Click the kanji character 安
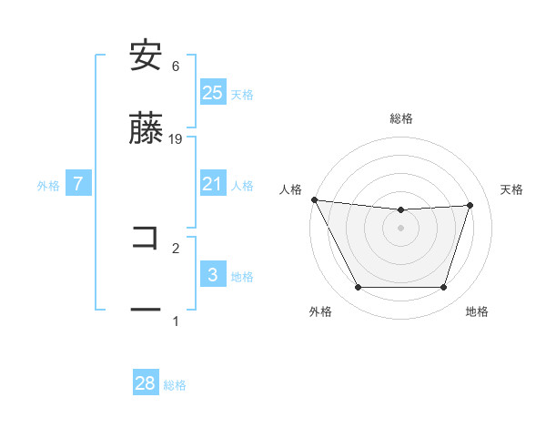point(146,56)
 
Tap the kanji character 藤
point(146,129)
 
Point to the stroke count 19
point(176,138)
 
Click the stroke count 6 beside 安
point(176,66)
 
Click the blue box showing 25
point(212,93)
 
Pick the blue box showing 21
point(212,184)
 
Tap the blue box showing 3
point(212,275)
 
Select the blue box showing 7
point(78,184)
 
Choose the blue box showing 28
point(146,383)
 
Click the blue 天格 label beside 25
point(242,94)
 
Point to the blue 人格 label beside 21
point(242,185)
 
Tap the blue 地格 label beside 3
point(242,276)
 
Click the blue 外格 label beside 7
point(48,185)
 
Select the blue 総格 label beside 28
point(175,384)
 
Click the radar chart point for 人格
point(314,199)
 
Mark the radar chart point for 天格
point(470,205)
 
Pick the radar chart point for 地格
point(443,287)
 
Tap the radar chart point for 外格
point(358,287)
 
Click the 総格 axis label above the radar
point(401,118)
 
